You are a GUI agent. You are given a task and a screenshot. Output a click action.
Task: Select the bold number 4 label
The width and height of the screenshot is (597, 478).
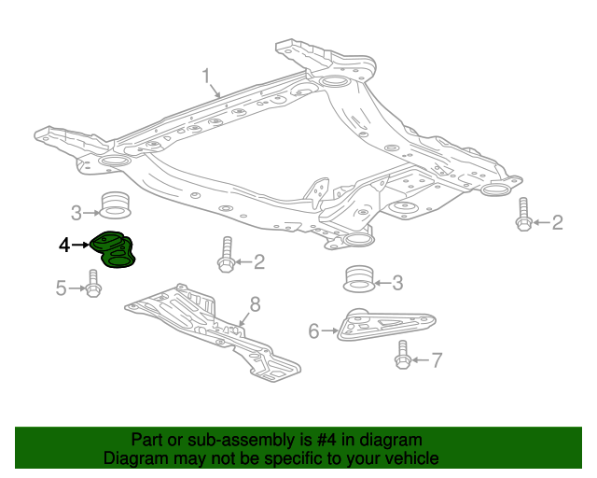[x=63, y=246]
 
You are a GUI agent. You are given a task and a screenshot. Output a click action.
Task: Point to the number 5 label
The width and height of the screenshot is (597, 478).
[x=61, y=288]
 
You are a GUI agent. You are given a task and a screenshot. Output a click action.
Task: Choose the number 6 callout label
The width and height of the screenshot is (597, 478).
[x=313, y=330]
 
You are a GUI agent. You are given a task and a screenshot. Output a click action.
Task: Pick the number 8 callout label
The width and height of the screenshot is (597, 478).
[x=254, y=303]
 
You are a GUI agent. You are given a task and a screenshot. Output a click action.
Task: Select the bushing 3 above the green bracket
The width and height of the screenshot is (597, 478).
[x=114, y=205]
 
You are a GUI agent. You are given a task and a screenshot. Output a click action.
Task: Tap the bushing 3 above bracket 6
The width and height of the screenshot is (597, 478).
[x=357, y=279]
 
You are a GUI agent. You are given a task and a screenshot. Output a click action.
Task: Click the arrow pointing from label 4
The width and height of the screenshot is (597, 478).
[x=81, y=246]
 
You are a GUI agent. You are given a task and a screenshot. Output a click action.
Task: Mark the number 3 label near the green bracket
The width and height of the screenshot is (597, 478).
[x=78, y=211]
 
